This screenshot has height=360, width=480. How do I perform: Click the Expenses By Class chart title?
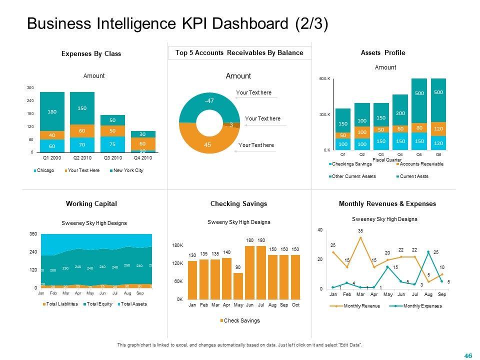pos(91,53)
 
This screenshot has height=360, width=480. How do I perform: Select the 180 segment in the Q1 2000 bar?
pos(52,111)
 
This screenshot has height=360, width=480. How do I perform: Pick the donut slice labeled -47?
pos(208,101)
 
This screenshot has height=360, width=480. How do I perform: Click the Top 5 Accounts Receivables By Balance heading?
pos(239,53)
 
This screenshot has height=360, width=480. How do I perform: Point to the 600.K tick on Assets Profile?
pos(325,79)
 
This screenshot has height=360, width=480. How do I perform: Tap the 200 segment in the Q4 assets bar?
pos(400,112)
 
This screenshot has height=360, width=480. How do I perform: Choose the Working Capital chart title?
pos(91,203)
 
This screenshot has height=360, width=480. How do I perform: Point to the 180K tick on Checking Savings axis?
pos(178,246)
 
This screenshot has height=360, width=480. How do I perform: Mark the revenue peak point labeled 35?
pos(360,238)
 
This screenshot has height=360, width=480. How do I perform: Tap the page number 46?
pos(468,355)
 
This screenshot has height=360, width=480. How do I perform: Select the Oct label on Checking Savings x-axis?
pos(296,305)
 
